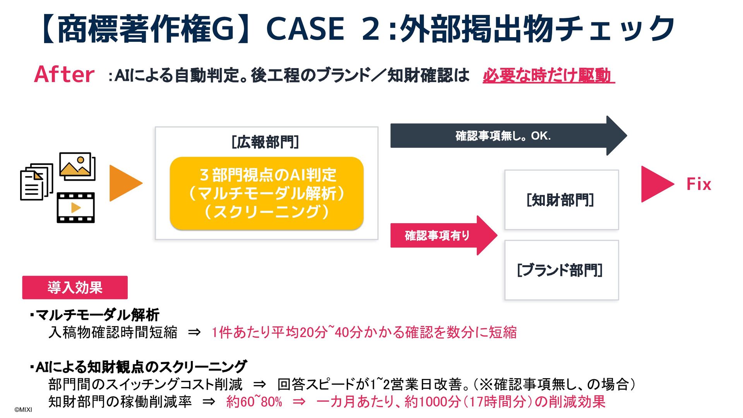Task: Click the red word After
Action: point(64,74)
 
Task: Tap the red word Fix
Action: point(698,184)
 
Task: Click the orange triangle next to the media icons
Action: point(125,183)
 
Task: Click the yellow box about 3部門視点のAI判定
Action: point(267,193)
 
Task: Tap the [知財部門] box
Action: point(561,200)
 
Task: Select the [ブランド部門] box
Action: point(561,270)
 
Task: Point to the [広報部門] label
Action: point(265,142)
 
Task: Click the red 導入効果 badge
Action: point(75,288)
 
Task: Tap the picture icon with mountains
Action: point(77,166)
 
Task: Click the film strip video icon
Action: point(76,208)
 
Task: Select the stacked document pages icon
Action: point(36,182)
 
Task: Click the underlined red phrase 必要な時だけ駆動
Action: point(548,75)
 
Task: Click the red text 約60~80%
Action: point(254,402)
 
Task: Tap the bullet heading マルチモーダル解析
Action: point(97,315)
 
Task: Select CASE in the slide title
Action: point(305,29)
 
